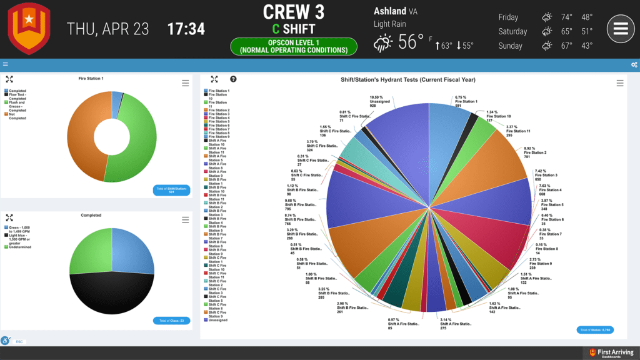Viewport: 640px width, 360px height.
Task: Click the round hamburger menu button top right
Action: [620, 29]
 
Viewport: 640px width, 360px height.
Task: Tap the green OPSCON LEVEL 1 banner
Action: [294, 46]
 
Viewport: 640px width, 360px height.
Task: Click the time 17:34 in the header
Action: [186, 29]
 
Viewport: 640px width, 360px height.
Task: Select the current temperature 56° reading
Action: [411, 42]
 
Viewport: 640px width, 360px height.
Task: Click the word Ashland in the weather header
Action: [389, 11]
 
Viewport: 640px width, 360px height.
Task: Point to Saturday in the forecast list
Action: [512, 31]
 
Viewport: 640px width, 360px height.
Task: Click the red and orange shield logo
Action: [29, 29]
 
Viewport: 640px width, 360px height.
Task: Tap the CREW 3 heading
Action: [294, 12]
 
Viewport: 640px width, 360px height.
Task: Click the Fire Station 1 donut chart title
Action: [91, 79]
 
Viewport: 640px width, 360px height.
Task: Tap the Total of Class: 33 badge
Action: [171, 321]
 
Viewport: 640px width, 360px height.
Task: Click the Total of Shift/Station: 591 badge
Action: [171, 190]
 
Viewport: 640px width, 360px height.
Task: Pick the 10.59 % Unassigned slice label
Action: [376, 102]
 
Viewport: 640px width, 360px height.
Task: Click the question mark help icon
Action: [233, 79]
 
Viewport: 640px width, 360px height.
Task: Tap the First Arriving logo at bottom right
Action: [611, 353]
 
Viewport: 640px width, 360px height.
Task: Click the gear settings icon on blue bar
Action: [634, 64]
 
